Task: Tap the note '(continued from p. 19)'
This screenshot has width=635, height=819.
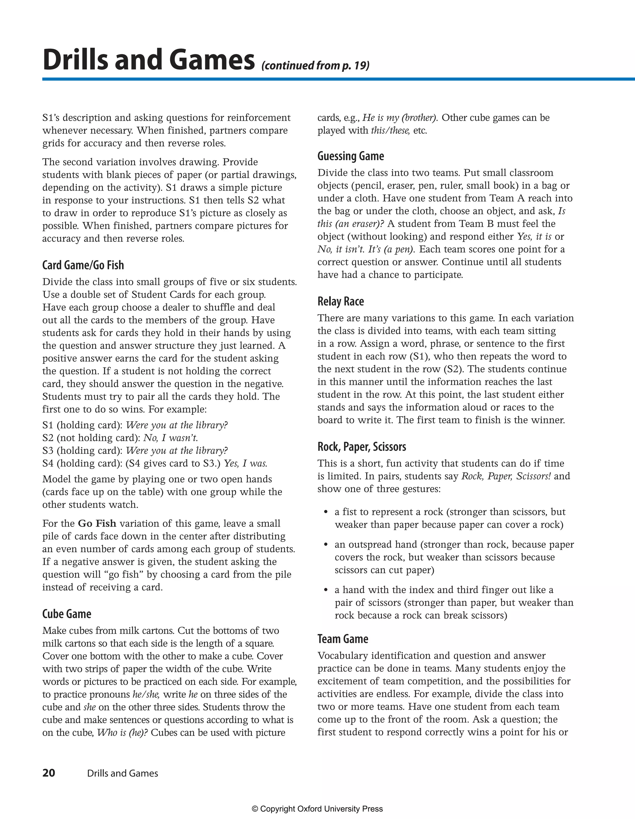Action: click(315, 66)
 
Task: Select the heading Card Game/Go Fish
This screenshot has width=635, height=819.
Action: click(83, 265)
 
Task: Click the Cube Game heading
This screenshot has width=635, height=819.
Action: click(67, 614)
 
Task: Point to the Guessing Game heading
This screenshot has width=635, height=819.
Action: click(350, 156)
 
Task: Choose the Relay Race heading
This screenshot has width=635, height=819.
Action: click(340, 302)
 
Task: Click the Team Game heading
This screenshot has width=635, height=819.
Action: click(343, 639)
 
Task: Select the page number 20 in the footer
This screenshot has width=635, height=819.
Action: click(49, 773)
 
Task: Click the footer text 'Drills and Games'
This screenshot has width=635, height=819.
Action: click(122, 773)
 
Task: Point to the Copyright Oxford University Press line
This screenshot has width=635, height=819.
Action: click(317, 809)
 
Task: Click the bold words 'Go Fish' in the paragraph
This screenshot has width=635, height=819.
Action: click(97, 523)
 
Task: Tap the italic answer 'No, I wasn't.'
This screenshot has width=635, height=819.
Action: click(171, 438)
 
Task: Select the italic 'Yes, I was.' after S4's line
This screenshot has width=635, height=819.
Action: click(246, 463)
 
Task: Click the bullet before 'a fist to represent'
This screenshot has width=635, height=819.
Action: click(326, 512)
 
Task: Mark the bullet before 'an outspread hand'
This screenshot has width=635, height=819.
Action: click(326, 544)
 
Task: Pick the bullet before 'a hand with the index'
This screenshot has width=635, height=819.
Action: click(326, 590)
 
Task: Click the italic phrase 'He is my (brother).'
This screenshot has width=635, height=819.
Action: click(400, 118)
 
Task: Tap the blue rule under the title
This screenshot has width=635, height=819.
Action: click(337, 79)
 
